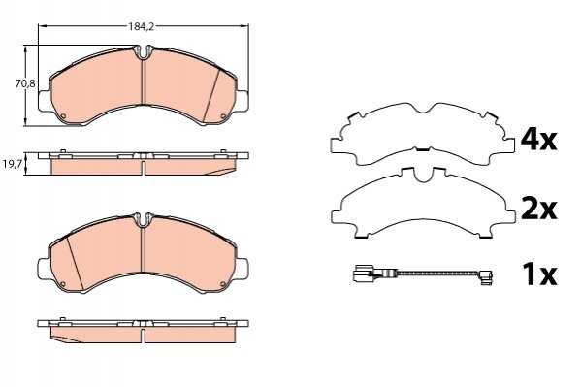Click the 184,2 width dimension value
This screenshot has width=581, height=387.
141,27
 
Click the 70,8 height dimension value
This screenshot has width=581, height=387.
25,84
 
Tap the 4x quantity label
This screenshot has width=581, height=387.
538,140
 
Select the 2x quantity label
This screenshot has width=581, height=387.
538,210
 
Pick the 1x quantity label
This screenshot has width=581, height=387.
539,274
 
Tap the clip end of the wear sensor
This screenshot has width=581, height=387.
485,277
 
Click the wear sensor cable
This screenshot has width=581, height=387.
438,274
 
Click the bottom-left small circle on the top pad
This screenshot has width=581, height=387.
63,116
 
